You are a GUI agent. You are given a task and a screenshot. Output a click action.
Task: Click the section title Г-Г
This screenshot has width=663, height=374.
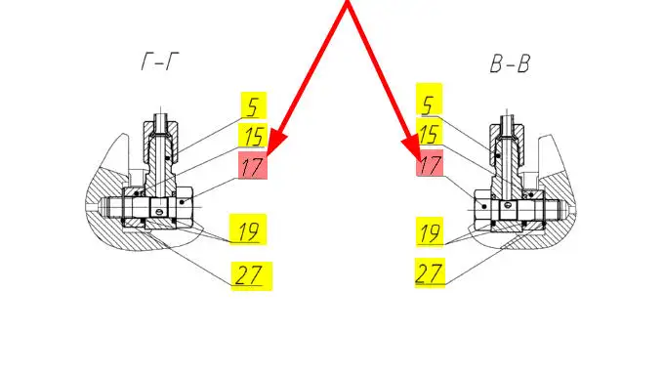coord(160,62)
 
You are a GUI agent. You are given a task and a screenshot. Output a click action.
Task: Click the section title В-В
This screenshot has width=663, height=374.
coord(510,63)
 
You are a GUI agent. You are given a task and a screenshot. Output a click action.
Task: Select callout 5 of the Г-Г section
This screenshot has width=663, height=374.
coord(254,105)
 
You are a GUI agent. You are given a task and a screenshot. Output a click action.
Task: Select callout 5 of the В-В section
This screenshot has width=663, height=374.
coord(430,100)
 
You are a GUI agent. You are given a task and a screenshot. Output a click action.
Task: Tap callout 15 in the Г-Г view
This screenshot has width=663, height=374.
coord(253,136)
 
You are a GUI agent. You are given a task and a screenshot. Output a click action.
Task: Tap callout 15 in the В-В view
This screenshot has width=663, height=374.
coord(430,133)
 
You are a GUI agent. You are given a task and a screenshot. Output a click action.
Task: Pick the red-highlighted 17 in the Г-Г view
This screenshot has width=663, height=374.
coord(253,165)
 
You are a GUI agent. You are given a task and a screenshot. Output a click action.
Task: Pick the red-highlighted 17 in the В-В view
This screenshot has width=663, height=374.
coord(430,163)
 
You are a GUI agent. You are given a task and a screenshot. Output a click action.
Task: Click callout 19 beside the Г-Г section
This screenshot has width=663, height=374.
coord(248,229)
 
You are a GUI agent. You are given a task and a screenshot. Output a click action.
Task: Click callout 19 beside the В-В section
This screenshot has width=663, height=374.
coord(430,231)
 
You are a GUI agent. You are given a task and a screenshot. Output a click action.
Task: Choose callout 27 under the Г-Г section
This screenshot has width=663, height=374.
coord(252,276)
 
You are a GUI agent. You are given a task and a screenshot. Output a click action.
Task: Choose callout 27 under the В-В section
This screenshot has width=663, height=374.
coord(430,273)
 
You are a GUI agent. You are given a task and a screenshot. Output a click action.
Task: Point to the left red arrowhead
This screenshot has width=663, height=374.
coord(275,142)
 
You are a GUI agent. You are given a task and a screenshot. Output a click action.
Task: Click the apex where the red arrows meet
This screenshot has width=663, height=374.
coord(348,3)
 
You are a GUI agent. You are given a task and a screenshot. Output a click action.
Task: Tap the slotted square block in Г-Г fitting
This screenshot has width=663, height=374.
coord(159,208)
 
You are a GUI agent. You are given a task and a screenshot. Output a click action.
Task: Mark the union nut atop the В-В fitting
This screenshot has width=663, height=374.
coord(507,142)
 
